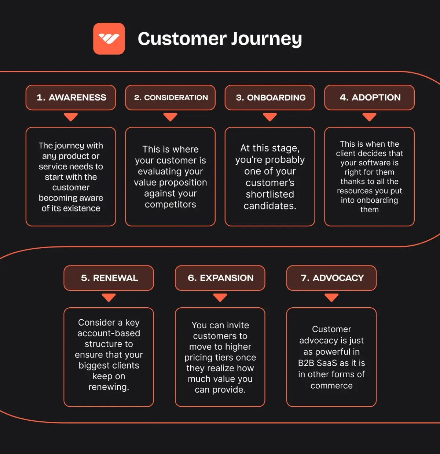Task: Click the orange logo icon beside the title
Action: click(x=109, y=39)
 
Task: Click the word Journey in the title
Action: click(x=267, y=39)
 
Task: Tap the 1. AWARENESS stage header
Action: click(x=71, y=98)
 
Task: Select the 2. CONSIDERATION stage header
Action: click(x=170, y=98)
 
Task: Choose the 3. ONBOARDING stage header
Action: click(x=270, y=98)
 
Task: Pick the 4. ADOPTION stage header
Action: click(x=370, y=98)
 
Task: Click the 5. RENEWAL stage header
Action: click(x=109, y=278)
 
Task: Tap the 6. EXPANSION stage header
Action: click(x=220, y=278)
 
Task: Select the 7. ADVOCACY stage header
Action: click(x=331, y=278)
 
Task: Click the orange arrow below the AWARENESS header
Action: click(x=71, y=117)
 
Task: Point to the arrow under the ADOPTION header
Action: click(x=370, y=117)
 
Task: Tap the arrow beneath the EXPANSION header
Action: click(x=220, y=297)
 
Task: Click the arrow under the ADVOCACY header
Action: click(x=331, y=297)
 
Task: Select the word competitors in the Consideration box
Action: click(x=170, y=205)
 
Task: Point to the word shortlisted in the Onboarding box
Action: click(x=270, y=194)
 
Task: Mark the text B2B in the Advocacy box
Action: click(x=306, y=363)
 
